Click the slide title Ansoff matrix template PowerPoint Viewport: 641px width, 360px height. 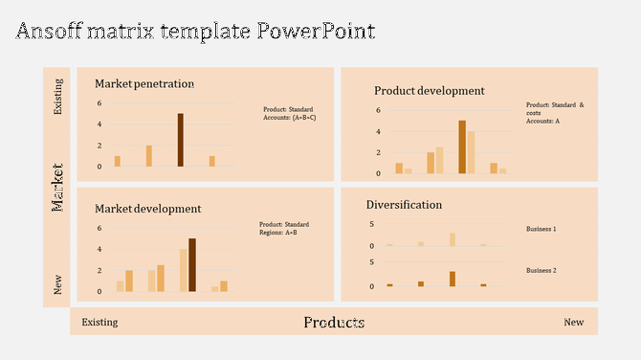(x=195, y=31)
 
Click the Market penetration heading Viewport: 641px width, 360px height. (x=144, y=83)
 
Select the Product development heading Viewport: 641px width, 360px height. (x=429, y=91)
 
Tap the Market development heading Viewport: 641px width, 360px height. (x=147, y=208)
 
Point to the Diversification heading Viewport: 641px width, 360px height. (x=404, y=204)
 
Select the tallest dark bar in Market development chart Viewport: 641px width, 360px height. (x=192, y=264)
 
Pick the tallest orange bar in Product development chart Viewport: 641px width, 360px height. (x=462, y=146)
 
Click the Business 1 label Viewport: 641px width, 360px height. (x=541, y=230)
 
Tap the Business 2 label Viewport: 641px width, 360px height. (x=541, y=271)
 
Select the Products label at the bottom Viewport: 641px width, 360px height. (x=334, y=323)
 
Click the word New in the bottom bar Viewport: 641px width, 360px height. (x=573, y=323)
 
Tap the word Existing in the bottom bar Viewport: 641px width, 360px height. (x=99, y=323)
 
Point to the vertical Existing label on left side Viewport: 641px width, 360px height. (x=57, y=97)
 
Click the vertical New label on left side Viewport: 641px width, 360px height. (x=57, y=284)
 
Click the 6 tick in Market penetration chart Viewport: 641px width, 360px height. (x=99, y=103)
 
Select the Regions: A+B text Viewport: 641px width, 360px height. (x=278, y=233)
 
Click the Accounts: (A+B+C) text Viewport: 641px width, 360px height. (x=290, y=117)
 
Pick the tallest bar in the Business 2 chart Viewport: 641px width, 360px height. (x=453, y=279)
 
